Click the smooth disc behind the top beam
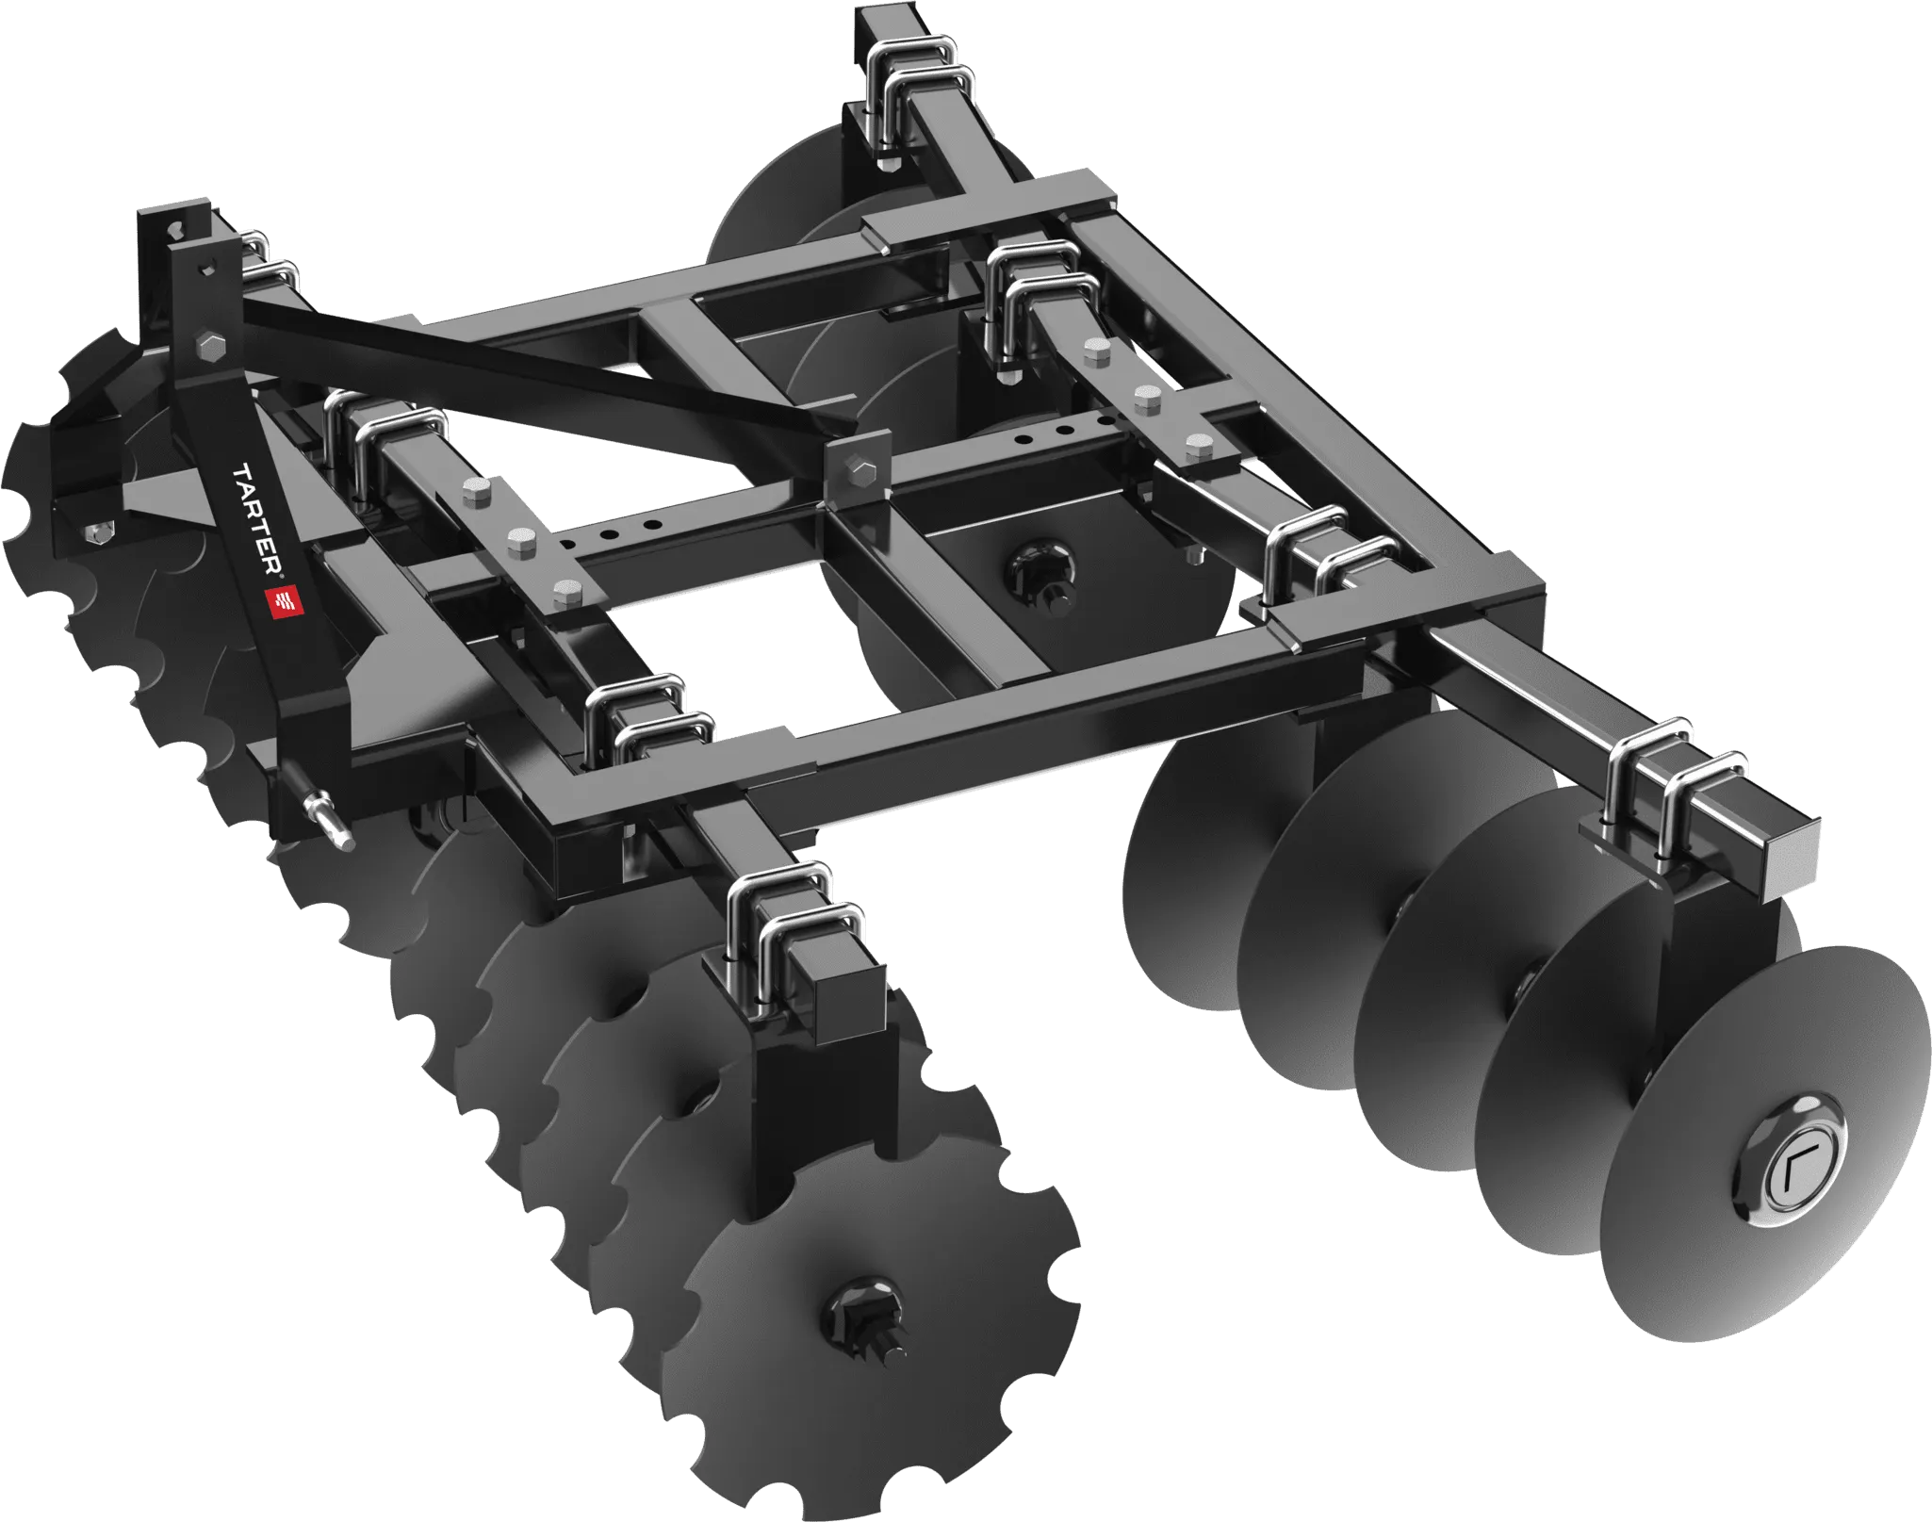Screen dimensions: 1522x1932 click(x=782, y=198)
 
